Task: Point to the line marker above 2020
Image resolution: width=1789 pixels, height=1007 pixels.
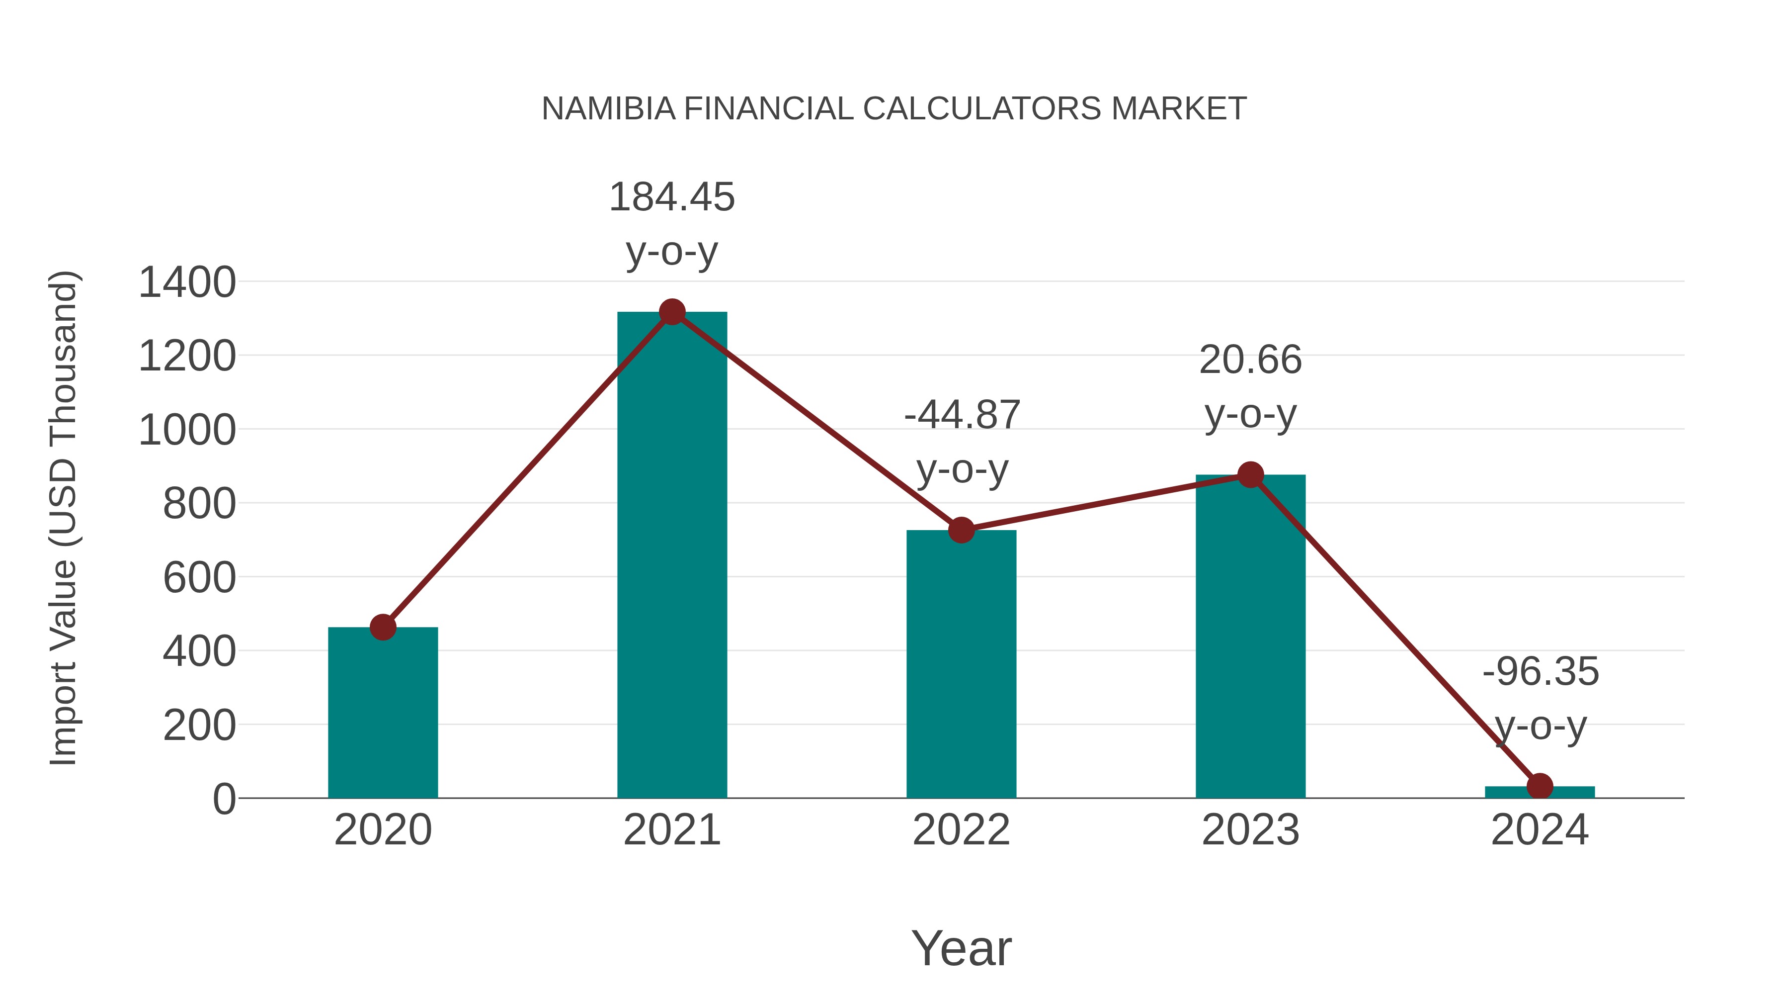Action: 383,627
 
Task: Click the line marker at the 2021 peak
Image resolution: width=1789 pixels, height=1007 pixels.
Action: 671,312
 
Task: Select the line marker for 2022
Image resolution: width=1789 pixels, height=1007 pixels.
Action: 961,530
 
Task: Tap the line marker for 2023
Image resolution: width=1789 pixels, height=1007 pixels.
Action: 1250,475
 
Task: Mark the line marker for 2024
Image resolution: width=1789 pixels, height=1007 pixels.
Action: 1540,786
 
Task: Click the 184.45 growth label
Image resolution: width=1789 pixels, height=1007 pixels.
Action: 671,197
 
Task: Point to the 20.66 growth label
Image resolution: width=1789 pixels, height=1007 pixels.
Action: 1250,361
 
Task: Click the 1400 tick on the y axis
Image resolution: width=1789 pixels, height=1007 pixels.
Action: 187,283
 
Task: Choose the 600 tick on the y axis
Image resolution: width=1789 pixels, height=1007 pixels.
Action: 199,577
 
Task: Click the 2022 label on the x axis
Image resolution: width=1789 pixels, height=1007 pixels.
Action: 961,830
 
